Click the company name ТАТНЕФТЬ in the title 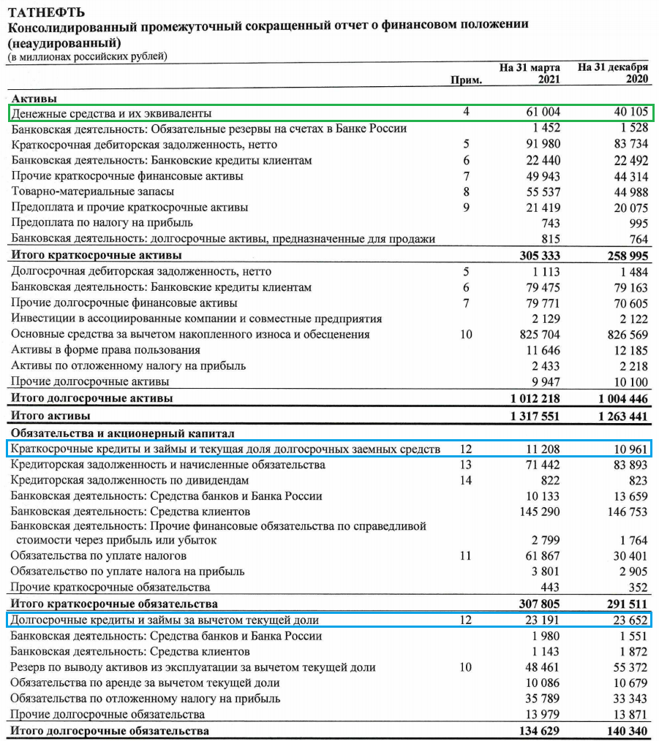pos(45,12)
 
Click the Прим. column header pos(467,80)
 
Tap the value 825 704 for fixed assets pos(539,335)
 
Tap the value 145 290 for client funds pos(541,512)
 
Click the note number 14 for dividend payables pos(467,480)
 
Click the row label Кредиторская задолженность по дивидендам pos(130,480)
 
